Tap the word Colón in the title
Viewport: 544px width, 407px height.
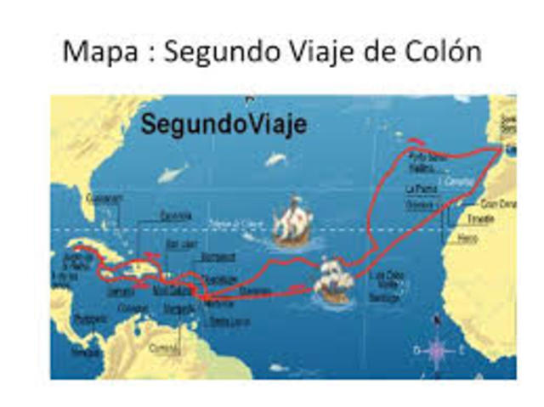coord(442,52)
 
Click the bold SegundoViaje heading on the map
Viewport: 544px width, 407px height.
coord(224,124)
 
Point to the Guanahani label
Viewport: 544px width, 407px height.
coord(105,198)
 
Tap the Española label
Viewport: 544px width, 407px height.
coord(176,216)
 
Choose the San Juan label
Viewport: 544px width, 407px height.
coord(182,243)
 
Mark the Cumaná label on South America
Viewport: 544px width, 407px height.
coord(163,348)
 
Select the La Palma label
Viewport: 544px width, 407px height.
coord(421,188)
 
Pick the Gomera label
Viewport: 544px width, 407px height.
coord(420,205)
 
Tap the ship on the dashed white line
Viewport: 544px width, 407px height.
coord(292,223)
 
